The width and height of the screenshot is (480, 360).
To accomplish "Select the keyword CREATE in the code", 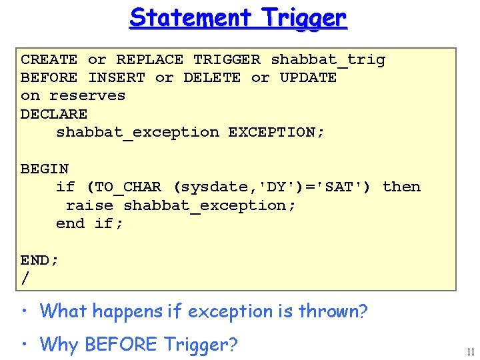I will pyautogui.click(x=49, y=59).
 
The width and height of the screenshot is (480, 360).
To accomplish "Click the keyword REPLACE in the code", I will pyautogui.click(x=149, y=59).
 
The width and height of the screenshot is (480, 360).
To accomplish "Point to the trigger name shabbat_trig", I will pyautogui.click(x=327, y=60).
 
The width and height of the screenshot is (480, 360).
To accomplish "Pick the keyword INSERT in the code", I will pyautogui.click(x=116, y=77).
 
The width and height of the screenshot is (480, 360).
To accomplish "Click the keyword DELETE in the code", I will pyautogui.click(x=212, y=77).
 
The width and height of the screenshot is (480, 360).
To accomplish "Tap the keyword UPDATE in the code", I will pyautogui.click(x=308, y=77).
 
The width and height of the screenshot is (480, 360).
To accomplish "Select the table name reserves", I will pyautogui.click(x=87, y=95).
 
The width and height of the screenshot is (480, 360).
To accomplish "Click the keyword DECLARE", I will pyautogui.click(x=54, y=114).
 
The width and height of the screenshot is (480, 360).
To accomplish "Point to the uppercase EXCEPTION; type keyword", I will pyautogui.click(x=276, y=132).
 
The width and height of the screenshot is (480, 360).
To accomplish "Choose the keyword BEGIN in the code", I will pyautogui.click(x=45, y=169).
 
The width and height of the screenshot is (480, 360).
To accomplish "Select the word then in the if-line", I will pyautogui.click(x=401, y=187).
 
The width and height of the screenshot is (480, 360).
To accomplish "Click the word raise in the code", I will pyautogui.click(x=89, y=205).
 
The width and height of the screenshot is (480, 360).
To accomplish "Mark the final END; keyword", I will pyautogui.click(x=39, y=260).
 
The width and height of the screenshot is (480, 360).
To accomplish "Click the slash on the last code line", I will pyautogui.click(x=25, y=279).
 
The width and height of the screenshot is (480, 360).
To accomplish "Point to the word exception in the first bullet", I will pyautogui.click(x=230, y=311).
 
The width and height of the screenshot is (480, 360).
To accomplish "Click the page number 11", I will pyautogui.click(x=471, y=351).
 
